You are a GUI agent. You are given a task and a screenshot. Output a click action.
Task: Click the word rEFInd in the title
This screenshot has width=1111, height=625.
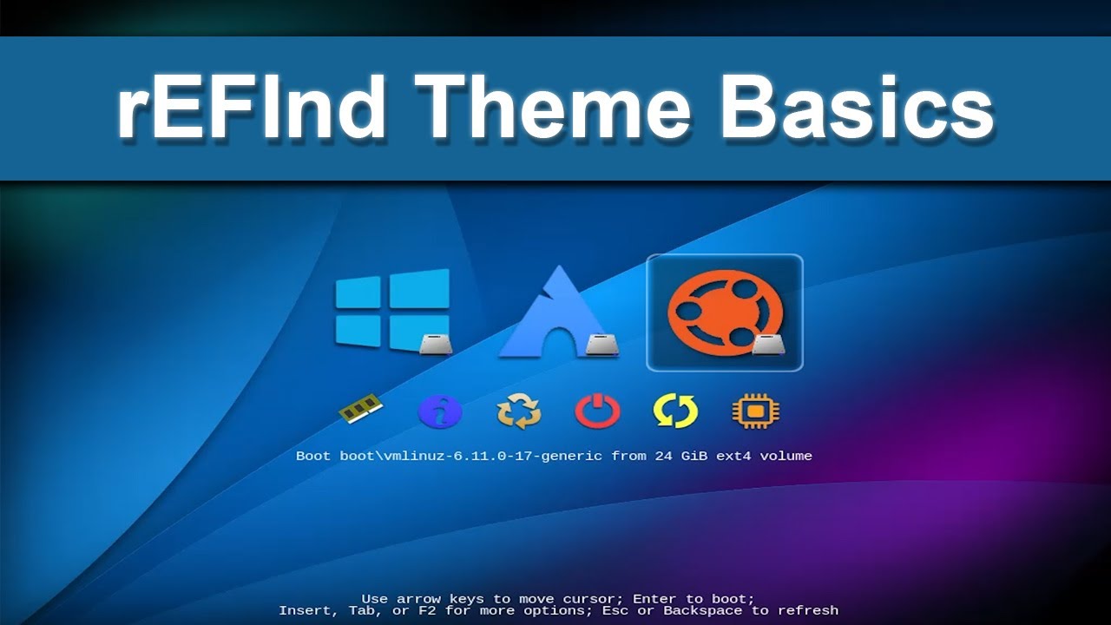tap(252, 108)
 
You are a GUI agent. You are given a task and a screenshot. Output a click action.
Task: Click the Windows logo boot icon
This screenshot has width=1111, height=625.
tap(392, 311)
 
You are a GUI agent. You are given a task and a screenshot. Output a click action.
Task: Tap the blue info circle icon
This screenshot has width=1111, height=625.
tap(440, 411)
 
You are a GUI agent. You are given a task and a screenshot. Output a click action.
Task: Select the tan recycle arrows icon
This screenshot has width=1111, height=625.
tap(519, 411)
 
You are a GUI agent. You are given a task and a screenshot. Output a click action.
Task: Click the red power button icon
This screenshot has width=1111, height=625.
tap(597, 411)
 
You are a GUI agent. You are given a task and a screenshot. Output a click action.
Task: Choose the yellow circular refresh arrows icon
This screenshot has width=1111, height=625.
tap(675, 411)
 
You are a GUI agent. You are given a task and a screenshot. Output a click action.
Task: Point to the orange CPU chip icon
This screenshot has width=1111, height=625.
tap(755, 411)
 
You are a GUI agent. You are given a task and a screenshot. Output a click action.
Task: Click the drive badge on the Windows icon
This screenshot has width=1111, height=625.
tap(436, 345)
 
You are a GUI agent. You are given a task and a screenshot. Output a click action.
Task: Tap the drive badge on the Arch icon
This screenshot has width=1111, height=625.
tap(602, 345)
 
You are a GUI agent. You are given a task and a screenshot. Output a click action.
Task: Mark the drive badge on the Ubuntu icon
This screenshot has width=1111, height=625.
tap(768, 345)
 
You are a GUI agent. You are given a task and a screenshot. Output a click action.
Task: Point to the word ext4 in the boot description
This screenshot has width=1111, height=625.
tap(735, 456)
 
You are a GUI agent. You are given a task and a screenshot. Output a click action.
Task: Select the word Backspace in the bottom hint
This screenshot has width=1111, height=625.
tap(703, 611)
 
